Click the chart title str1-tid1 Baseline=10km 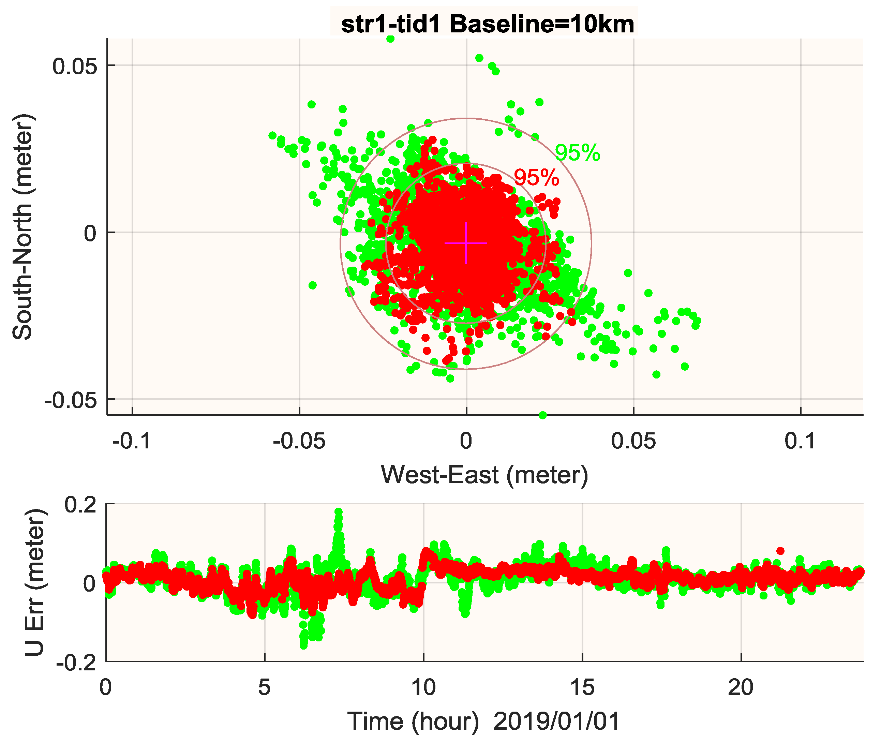click(487, 24)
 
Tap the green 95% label click(577, 152)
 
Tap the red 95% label click(537, 177)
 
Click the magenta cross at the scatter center click(466, 243)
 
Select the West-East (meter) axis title click(484, 475)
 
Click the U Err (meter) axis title click(34, 582)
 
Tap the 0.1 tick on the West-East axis click(800, 441)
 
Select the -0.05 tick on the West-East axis click(299, 441)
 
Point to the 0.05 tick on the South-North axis click(75, 66)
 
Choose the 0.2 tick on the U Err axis click(80, 505)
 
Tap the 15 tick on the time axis click(582, 688)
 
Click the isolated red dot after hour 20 click(780, 551)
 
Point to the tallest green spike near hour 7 click(338, 512)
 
